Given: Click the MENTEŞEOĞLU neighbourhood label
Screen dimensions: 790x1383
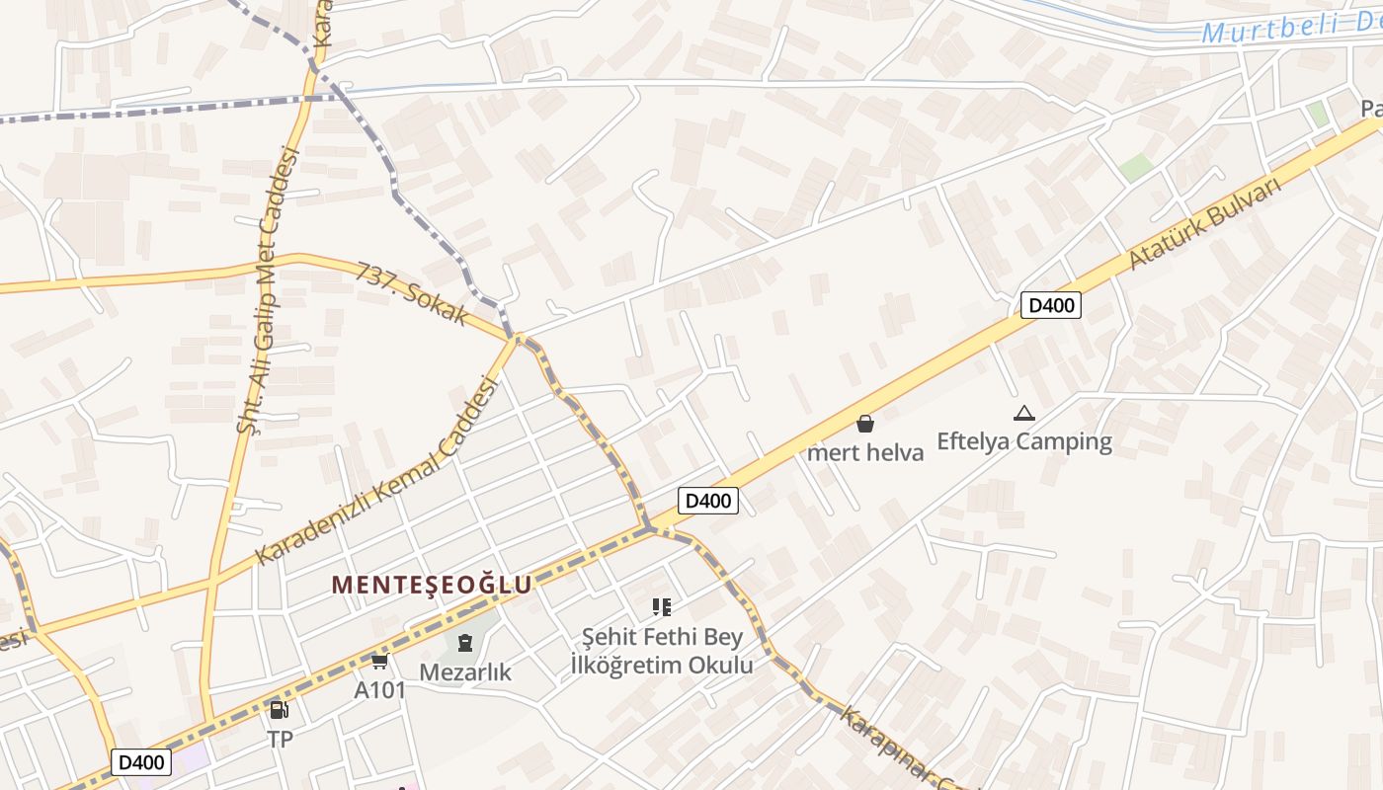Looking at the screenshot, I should [x=432, y=585].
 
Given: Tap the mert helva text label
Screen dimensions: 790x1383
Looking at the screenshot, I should [x=865, y=453].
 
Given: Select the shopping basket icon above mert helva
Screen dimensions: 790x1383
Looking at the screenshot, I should [x=865, y=425].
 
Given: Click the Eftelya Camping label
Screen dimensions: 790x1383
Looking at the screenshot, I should [x=1023, y=441].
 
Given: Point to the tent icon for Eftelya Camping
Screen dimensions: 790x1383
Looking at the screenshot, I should [x=1023, y=414].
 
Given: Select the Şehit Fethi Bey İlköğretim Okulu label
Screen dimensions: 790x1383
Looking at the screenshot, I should [x=662, y=651].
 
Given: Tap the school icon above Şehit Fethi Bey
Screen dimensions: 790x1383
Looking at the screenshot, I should [x=661, y=607].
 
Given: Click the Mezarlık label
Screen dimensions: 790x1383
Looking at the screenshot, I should [x=465, y=672].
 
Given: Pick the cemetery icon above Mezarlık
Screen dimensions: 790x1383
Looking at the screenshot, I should [x=464, y=644].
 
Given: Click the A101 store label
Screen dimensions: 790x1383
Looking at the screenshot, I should [x=380, y=689].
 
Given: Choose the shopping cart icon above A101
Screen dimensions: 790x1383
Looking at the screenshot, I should [x=380, y=661].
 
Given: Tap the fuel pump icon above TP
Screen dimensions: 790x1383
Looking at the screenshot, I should [x=280, y=710].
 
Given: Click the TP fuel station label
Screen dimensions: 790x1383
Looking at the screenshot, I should [x=280, y=739].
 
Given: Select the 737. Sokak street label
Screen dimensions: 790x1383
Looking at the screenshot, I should [x=412, y=293].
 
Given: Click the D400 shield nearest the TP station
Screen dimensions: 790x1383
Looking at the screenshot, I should [x=140, y=762].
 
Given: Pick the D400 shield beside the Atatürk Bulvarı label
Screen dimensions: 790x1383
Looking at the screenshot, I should [x=1050, y=305].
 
